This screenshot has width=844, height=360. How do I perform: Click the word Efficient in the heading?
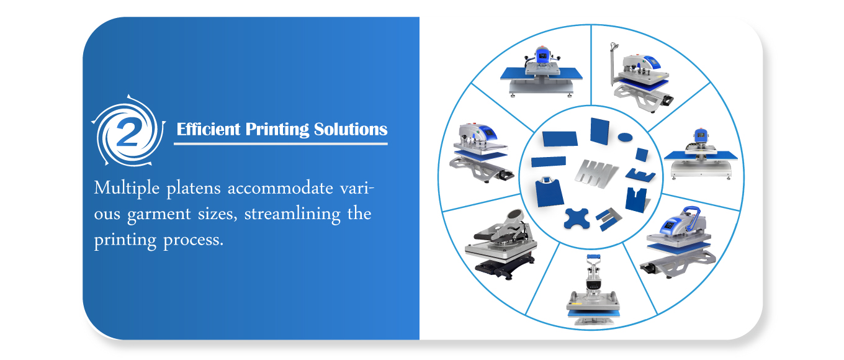[209, 129]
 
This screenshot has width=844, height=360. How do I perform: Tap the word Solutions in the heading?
[351, 129]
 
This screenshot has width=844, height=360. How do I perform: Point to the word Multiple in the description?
[127, 188]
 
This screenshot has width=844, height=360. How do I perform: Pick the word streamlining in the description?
[292, 214]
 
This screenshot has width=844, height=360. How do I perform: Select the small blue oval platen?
[625, 137]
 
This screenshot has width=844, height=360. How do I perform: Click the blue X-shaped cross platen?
[577, 218]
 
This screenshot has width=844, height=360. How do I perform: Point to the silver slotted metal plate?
[596, 174]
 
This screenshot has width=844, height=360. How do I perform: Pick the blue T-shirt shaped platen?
[549, 192]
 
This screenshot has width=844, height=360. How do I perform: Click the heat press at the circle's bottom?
[593, 290]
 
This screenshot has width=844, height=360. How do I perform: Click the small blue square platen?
[642, 155]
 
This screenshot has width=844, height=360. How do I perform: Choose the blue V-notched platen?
[636, 200]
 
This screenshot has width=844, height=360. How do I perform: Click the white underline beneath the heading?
[281, 143]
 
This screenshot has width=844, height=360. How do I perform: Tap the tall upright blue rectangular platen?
[599, 131]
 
